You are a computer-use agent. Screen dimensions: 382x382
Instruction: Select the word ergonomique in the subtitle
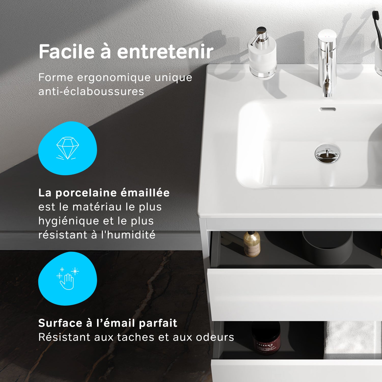click(x=114, y=77)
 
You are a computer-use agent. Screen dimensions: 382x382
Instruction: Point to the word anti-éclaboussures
click(x=91, y=91)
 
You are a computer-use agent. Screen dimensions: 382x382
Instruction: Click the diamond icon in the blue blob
click(x=67, y=148)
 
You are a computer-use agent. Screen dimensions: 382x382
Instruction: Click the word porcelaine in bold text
click(x=86, y=193)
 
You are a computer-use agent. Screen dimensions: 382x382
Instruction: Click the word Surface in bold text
click(x=60, y=323)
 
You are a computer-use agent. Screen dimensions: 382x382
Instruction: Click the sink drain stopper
click(x=327, y=153)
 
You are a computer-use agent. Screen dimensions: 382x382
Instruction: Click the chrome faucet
click(x=327, y=61)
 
